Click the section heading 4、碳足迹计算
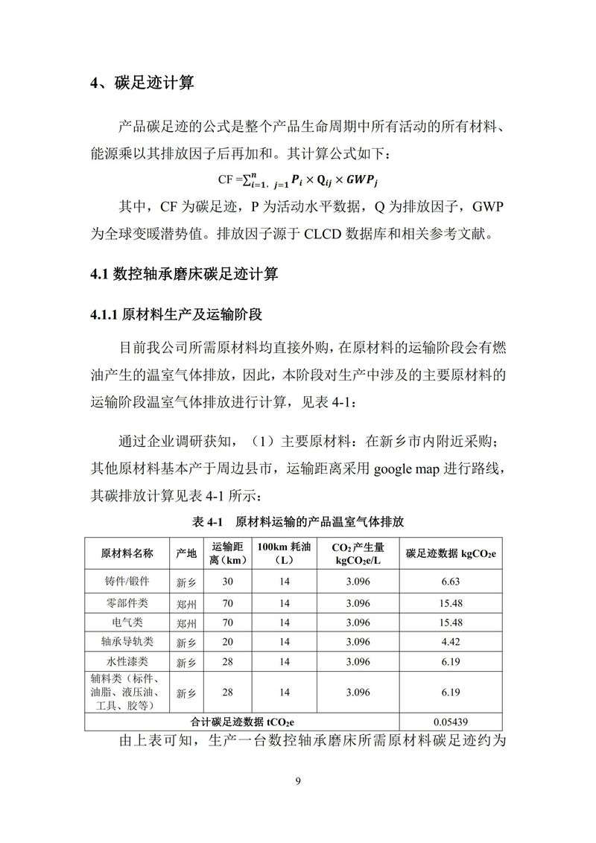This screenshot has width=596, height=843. point(142,83)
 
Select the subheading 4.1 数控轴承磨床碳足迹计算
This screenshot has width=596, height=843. point(184,275)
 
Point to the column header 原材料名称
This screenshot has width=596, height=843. point(127,553)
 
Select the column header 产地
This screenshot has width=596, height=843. point(186,553)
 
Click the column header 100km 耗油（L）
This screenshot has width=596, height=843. point(285,553)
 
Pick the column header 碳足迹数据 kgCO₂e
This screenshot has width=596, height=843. point(451,553)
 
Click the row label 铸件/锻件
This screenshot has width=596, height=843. point(127,581)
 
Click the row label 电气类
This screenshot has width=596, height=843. point(127,622)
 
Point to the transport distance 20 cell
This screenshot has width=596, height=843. point(227,641)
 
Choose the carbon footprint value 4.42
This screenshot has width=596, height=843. point(451,641)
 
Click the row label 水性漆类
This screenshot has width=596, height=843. point(127,661)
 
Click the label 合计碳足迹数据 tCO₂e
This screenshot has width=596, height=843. point(242,721)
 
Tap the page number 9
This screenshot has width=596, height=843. point(298,780)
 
